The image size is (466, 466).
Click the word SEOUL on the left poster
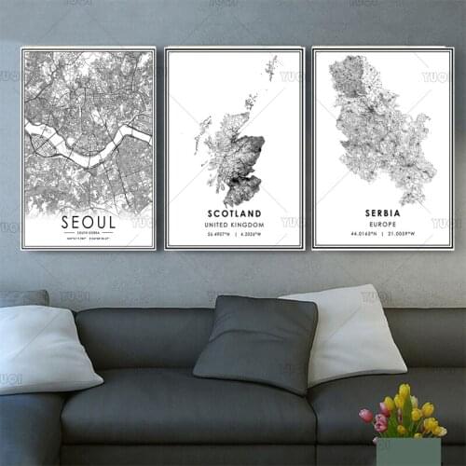point(88,222)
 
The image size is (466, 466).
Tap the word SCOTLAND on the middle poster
point(235,213)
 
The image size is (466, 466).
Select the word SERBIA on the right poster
point(381,213)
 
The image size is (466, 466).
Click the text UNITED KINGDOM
point(235,225)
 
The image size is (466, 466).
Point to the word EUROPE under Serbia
point(381,225)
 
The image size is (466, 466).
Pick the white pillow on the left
point(47,347)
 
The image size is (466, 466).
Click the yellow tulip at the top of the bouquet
point(404,391)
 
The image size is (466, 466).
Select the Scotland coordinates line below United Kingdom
point(235,237)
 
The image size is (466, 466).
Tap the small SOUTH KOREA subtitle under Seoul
point(88,235)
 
